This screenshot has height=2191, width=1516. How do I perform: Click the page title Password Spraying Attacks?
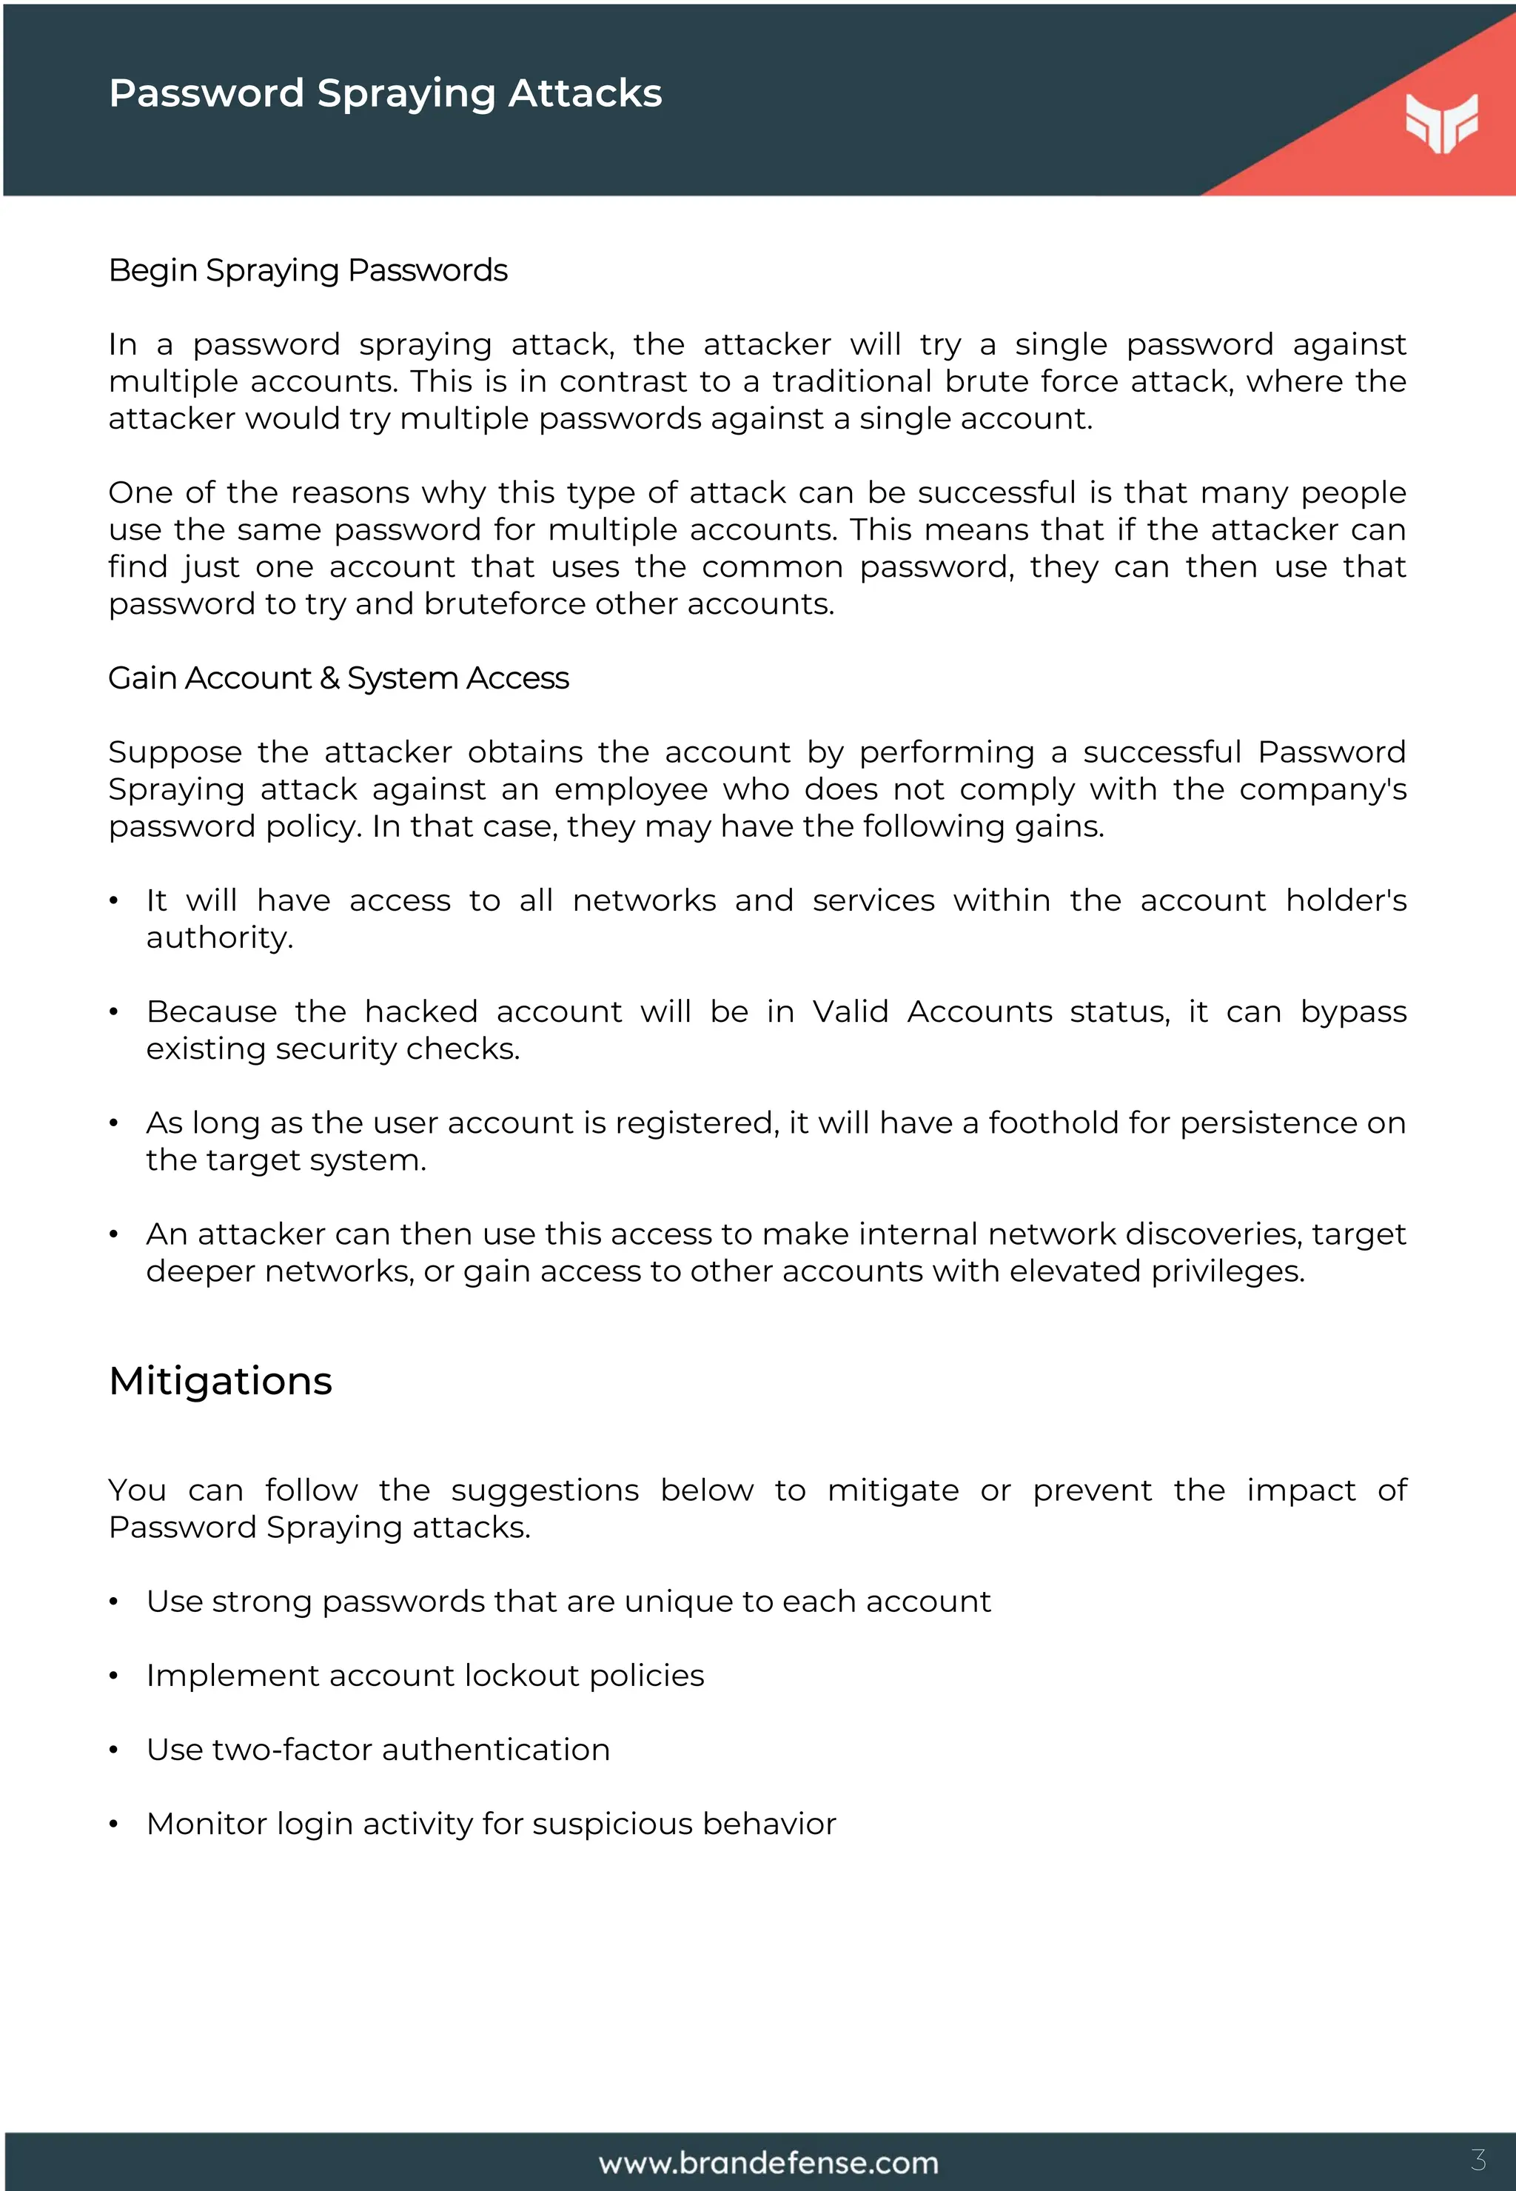(x=385, y=93)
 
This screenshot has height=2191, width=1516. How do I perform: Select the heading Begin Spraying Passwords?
(x=308, y=271)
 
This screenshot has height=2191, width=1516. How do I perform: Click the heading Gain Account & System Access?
(x=338, y=678)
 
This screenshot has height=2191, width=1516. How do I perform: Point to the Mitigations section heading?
(x=221, y=1380)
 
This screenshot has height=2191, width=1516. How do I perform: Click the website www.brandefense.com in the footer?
(x=768, y=2163)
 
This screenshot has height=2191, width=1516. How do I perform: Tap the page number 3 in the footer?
(x=1478, y=2160)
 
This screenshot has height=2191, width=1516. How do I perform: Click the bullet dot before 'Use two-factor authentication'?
(x=113, y=1750)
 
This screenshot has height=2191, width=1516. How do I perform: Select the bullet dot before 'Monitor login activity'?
(x=113, y=1824)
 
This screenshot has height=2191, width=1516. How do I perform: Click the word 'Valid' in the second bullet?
(x=850, y=1012)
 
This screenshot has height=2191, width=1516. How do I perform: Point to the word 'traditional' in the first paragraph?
(x=852, y=382)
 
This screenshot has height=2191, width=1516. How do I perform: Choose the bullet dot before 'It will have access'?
(x=113, y=900)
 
